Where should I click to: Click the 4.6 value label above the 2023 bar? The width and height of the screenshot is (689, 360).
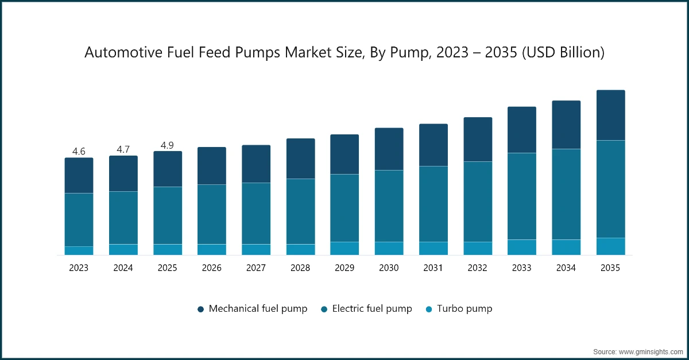click(79, 152)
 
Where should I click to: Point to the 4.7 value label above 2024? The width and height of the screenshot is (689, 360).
click(123, 149)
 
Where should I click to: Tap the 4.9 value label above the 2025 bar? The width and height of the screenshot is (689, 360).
click(167, 145)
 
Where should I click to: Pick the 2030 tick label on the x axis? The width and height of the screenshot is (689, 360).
click(389, 268)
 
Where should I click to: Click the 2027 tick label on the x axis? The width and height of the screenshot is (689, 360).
click(256, 268)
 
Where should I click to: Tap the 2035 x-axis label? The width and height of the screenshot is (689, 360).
click(610, 268)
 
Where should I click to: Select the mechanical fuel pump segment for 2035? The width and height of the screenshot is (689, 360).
click(610, 115)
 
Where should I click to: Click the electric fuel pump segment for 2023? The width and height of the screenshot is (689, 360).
click(79, 220)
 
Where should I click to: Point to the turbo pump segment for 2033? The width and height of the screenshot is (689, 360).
click(522, 247)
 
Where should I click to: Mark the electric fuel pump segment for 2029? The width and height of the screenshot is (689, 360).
click(344, 208)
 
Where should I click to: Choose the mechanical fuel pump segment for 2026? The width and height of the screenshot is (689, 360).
click(212, 166)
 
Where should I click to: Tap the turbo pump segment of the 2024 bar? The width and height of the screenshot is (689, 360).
click(123, 250)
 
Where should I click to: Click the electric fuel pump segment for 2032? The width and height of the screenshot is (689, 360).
click(478, 202)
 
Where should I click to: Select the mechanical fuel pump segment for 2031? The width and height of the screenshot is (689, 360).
click(433, 145)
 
